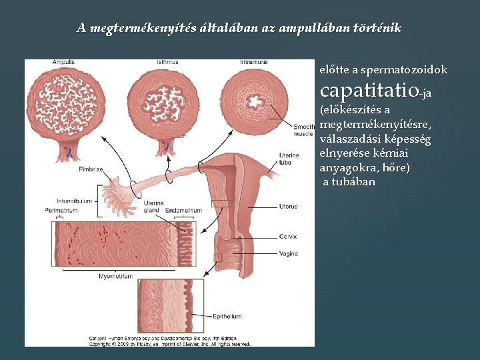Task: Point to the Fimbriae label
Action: (x=90, y=169)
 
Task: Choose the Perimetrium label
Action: (x=57, y=211)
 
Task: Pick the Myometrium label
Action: (x=115, y=276)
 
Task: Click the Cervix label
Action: (x=288, y=237)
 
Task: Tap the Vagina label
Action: (x=289, y=253)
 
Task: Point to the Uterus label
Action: (x=288, y=207)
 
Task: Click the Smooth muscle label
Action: (x=304, y=130)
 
